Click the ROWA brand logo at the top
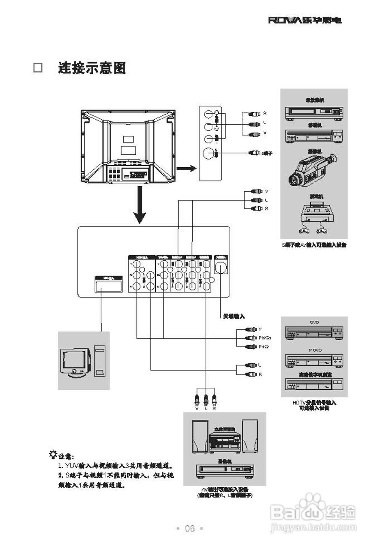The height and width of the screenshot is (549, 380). tap(305, 20)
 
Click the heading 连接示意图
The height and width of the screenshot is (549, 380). tap(92, 68)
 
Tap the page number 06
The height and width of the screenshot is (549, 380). tap(190, 528)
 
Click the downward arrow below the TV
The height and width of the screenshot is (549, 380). tap(138, 208)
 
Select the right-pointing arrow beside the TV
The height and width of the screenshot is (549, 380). tap(186, 168)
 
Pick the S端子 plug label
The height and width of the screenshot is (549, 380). tap(267, 153)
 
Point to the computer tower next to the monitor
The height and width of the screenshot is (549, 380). tap(100, 361)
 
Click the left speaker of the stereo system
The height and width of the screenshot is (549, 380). tap(199, 437)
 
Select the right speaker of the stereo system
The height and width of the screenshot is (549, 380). tap(250, 437)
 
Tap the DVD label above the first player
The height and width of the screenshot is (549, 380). tap(314, 322)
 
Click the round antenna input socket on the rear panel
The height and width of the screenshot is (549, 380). tap(221, 267)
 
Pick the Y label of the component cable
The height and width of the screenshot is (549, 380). tap(260, 329)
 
